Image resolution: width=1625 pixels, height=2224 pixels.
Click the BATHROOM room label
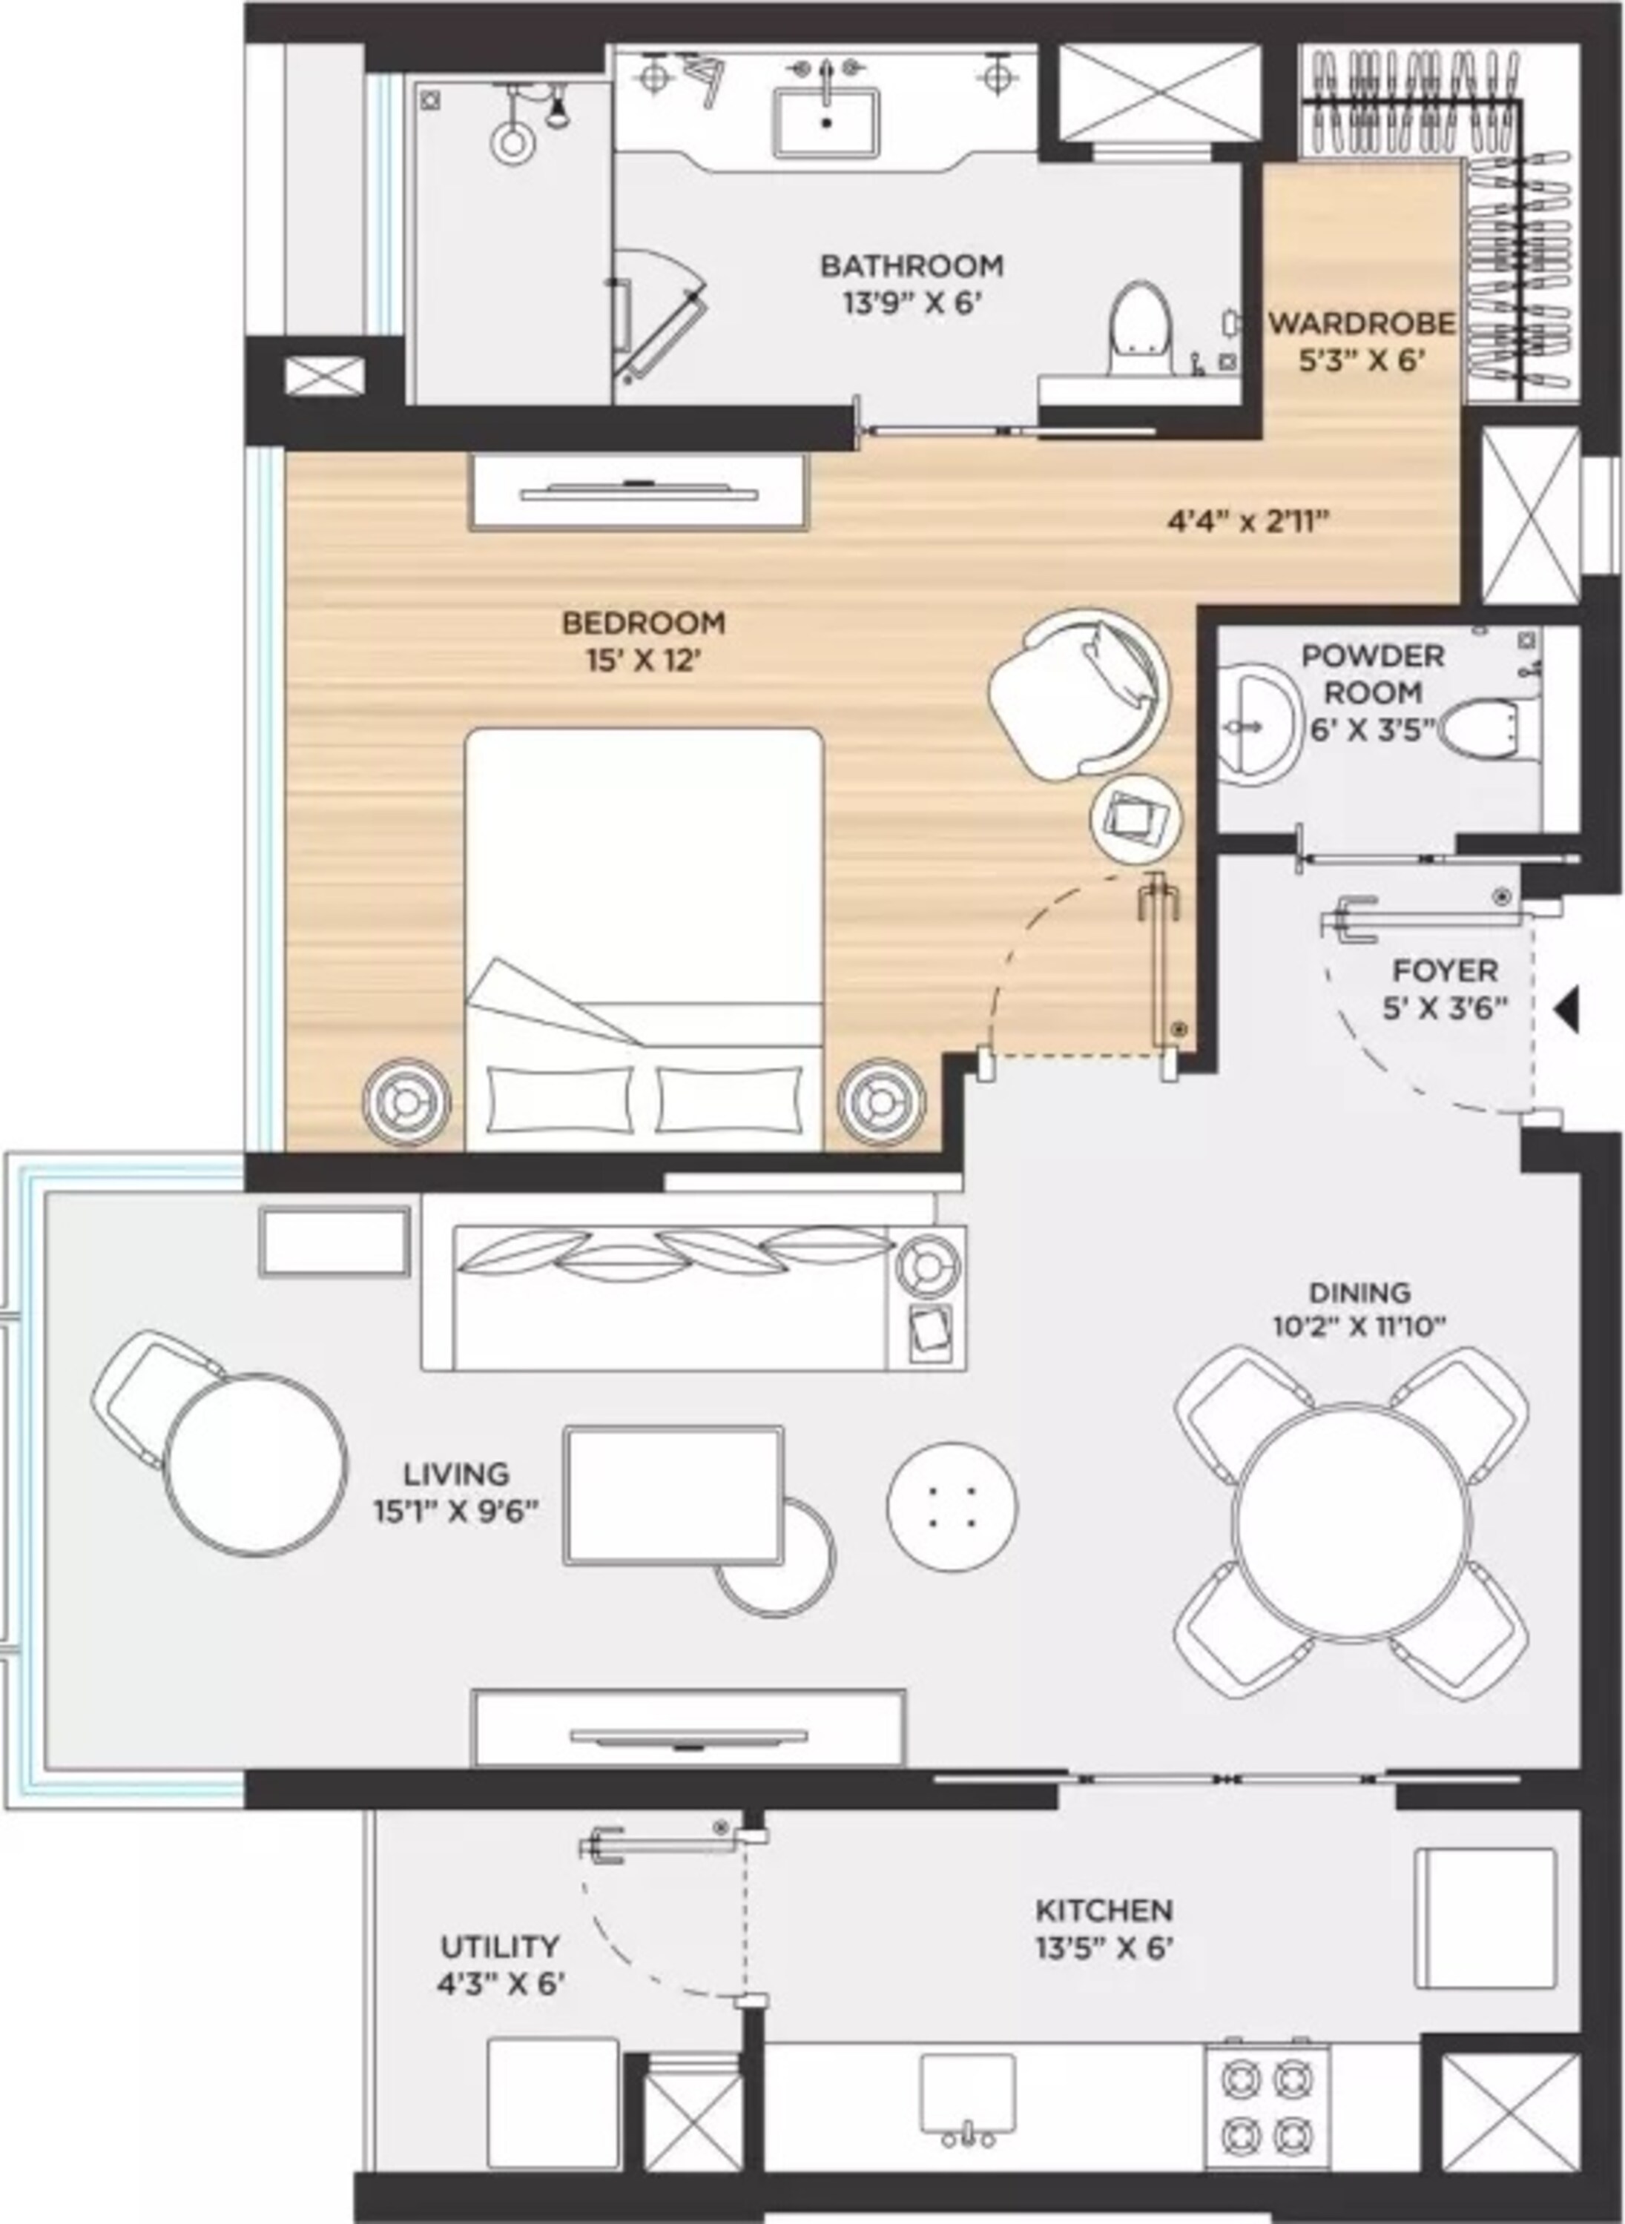[912, 265]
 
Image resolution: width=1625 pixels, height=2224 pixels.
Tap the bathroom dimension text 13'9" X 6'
[912, 302]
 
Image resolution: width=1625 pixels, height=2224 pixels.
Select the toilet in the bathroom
[1141, 329]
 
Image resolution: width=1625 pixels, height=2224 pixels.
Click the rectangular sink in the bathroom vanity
[826, 122]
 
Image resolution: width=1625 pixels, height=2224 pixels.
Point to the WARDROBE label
[1362, 322]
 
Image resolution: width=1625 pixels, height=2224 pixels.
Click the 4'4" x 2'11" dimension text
[1248, 521]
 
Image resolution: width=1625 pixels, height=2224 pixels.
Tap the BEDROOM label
[643, 623]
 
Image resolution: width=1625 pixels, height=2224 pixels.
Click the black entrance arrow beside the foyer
[1568, 1010]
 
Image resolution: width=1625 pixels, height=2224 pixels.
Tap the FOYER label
[1445, 971]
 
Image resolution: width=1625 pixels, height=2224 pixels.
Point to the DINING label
[1359, 1292]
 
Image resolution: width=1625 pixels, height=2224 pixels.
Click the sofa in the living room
[693, 1296]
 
